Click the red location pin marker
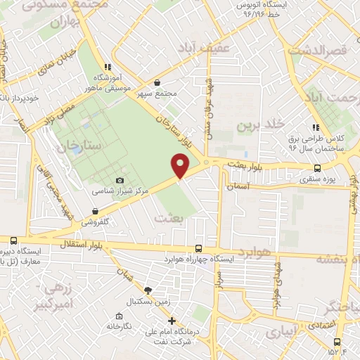(181, 166)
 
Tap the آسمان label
(238, 188)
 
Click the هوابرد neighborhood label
(253, 252)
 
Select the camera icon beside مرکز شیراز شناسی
(120, 181)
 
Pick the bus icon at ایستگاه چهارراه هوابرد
(199, 248)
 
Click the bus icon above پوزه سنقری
(318, 167)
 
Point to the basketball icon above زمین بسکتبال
(148, 290)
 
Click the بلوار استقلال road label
(86, 243)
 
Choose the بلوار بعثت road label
(243, 163)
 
